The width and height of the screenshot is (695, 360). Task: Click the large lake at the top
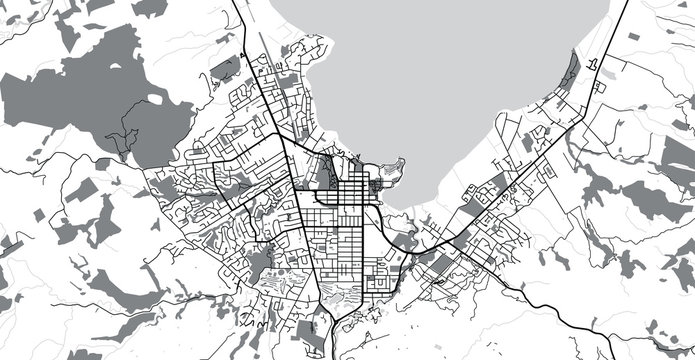click(x=450, y=70)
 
